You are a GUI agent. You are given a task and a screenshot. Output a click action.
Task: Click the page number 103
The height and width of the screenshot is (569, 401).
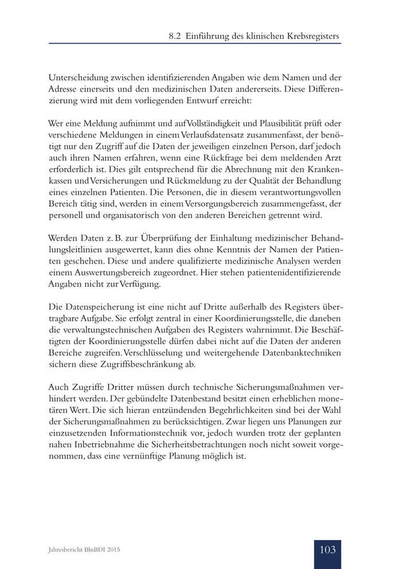327,550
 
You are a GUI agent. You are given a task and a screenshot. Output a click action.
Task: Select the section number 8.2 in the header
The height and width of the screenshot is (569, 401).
175,36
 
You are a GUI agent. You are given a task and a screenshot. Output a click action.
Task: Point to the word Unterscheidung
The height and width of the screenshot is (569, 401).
78,77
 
